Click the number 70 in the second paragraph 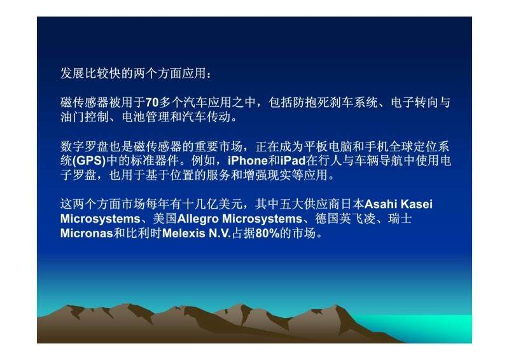[x=152, y=102]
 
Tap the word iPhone [x=248, y=161]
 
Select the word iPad [x=293, y=161]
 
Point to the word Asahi [x=380, y=204]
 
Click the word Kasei [x=417, y=204]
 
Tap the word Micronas [x=87, y=233]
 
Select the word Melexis [x=183, y=233]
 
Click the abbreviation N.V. [x=220, y=233]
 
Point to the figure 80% [x=267, y=233]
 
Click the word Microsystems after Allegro [x=262, y=219]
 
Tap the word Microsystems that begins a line [x=101, y=219]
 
